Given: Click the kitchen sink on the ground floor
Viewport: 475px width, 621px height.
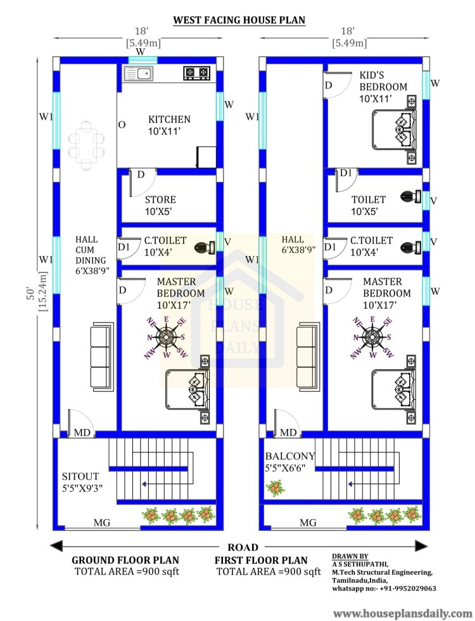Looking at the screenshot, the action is pyautogui.click(x=138, y=74).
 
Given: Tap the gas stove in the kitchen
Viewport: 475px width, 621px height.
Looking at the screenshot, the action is pyautogui.click(x=197, y=73).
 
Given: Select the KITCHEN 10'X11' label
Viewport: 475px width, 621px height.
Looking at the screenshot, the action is pyautogui.click(x=170, y=125).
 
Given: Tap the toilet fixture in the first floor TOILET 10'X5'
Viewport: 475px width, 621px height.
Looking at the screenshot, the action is pyautogui.click(x=410, y=196).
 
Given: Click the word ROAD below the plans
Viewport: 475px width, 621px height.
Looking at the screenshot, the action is pyautogui.click(x=243, y=547).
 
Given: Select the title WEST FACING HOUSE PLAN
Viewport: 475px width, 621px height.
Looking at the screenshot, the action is pyautogui.click(x=239, y=20).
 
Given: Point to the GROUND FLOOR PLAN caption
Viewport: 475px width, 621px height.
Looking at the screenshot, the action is pyautogui.click(x=125, y=560).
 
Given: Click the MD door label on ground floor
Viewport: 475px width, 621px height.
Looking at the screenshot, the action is pyautogui.click(x=82, y=432).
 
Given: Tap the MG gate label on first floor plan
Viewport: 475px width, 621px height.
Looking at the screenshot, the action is pyautogui.click(x=308, y=523).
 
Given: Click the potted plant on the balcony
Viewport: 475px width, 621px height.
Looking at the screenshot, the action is pyautogui.click(x=274, y=489).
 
